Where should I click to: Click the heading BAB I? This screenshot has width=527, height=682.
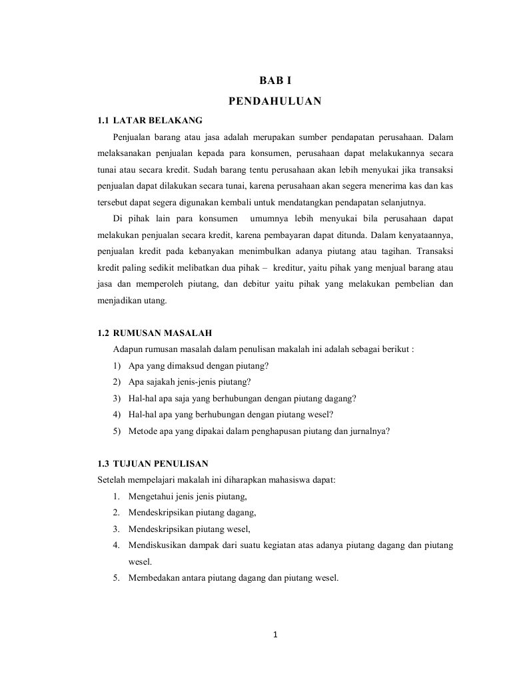pyautogui.click(x=275, y=81)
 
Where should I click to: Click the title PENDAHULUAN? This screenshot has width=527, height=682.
pyautogui.click(x=275, y=101)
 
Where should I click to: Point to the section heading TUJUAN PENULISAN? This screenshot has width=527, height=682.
pyautogui.click(x=162, y=463)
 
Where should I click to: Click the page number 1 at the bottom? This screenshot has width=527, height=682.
pyautogui.click(x=275, y=633)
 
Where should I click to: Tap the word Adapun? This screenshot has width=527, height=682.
pyautogui.click(x=127, y=349)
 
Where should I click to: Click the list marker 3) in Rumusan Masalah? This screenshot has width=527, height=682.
pyautogui.click(x=117, y=398)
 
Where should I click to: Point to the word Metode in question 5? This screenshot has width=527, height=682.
pyautogui.click(x=141, y=431)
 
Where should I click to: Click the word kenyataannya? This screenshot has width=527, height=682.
pyautogui.click(x=427, y=235)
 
